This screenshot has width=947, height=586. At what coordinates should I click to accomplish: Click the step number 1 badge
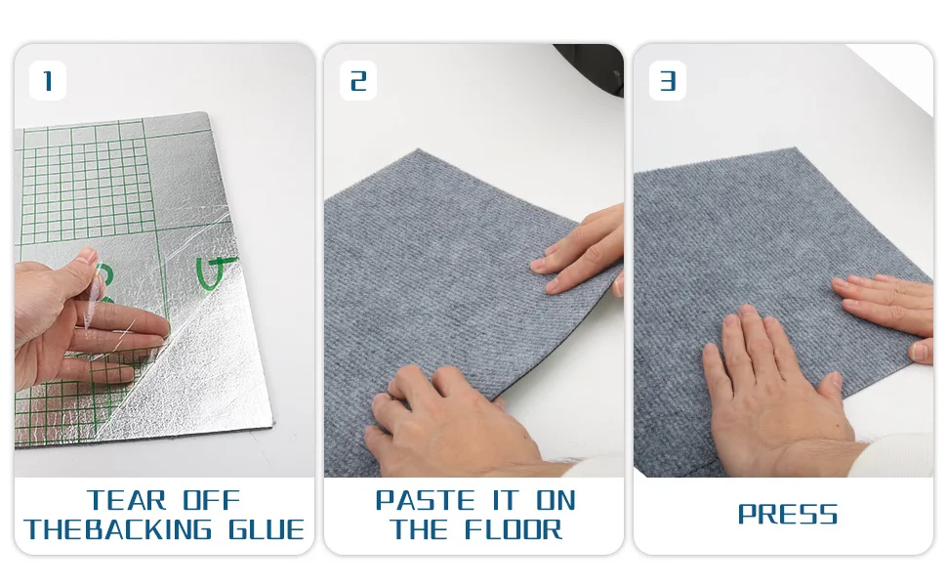(48, 80)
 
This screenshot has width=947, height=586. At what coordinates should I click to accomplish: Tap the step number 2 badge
(358, 80)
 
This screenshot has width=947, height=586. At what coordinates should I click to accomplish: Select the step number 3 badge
(668, 80)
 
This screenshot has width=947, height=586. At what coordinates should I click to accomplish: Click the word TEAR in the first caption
(126, 500)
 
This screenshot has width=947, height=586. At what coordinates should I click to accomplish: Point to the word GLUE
(267, 529)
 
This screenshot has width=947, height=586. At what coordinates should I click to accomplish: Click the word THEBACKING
(118, 529)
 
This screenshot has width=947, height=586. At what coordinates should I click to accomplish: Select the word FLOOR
(514, 529)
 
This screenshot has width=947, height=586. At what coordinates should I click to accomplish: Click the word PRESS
(788, 515)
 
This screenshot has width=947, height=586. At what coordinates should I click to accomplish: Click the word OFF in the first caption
(212, 500)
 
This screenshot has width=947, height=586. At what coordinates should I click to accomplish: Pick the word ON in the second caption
(556, 500)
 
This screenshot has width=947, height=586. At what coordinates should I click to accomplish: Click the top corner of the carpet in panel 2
(419, 149)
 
